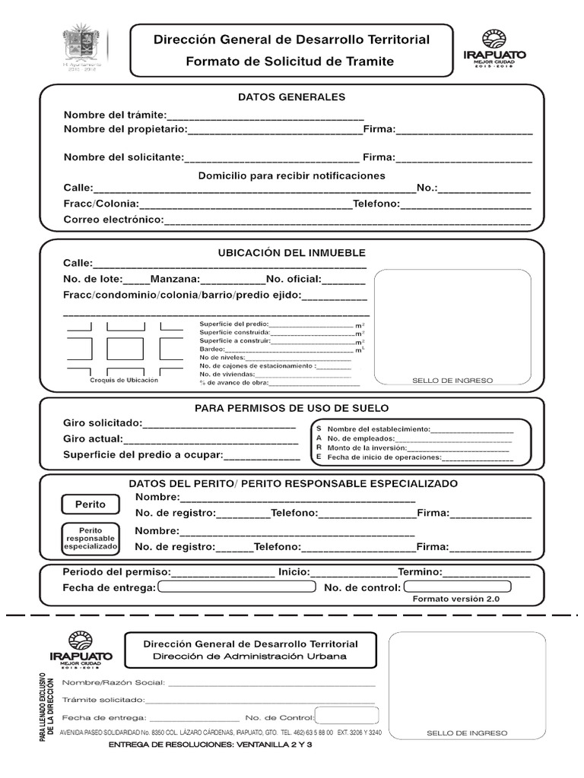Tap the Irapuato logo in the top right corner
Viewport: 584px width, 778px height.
coord(494,50)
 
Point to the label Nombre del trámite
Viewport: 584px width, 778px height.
coord(114,115)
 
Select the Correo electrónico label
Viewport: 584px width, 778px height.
coord(113,220)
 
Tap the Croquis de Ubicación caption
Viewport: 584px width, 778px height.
coord(124,380)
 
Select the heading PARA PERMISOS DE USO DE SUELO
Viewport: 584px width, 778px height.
coord(291,408)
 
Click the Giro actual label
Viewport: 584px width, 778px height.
coord(93,439)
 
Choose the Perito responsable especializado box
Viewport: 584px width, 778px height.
coord(91,538)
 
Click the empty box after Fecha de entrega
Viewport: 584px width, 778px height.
coord(236,587)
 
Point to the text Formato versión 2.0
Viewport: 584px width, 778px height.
coord(455,599)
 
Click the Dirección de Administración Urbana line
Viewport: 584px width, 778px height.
coord(249,656)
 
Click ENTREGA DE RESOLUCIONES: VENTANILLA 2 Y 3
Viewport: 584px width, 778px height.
coord(211,745)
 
